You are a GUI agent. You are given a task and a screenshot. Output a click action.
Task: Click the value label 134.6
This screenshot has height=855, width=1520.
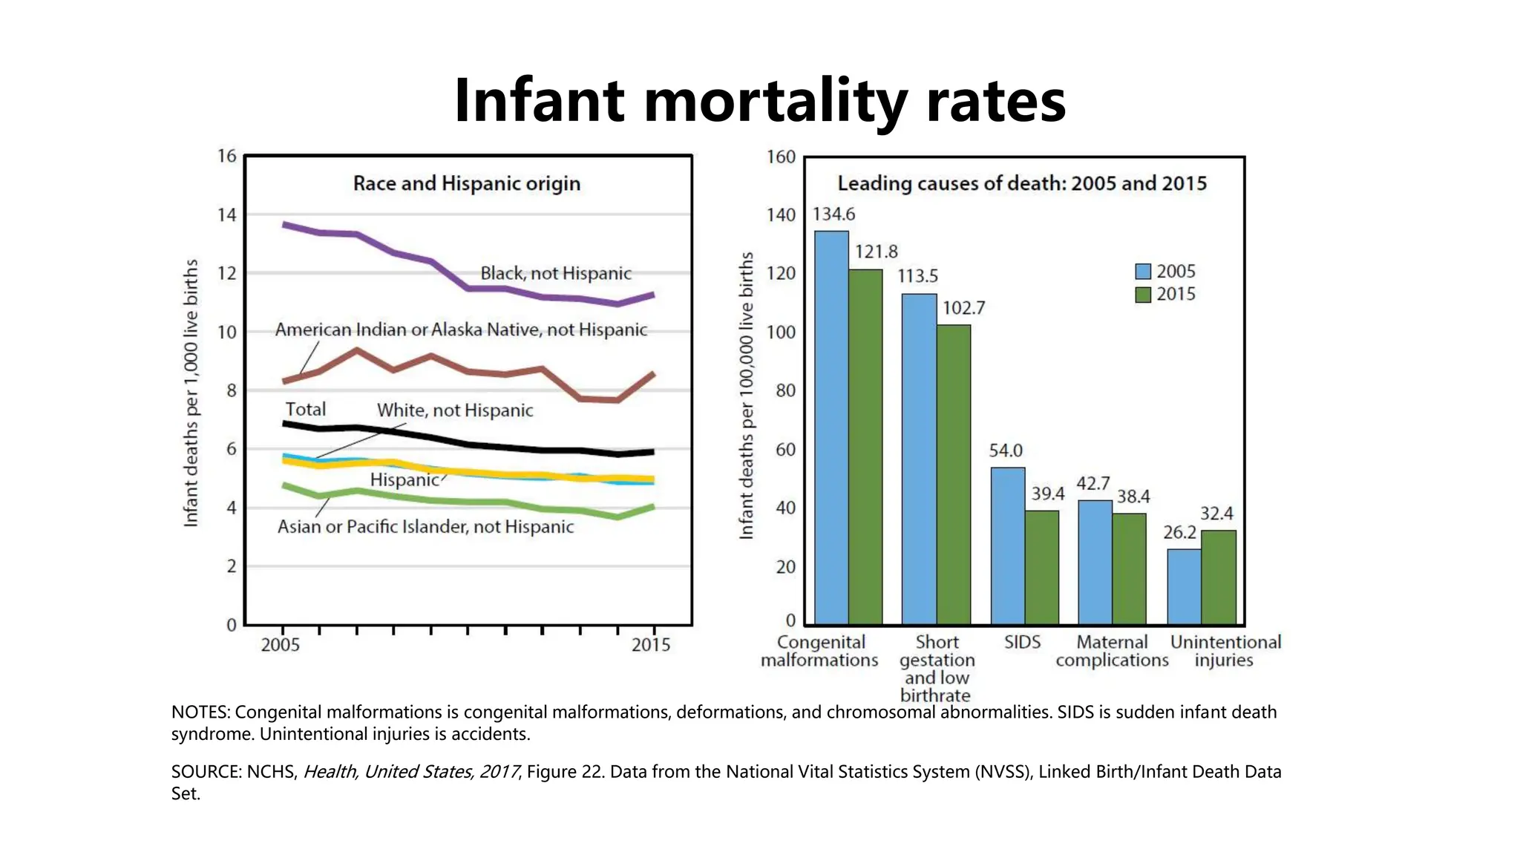tap(833, 214)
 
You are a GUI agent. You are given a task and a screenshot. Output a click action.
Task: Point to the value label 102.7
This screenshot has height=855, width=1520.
tap(963, 308)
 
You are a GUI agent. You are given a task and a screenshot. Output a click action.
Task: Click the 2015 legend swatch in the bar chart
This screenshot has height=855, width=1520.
tap(1143, 295)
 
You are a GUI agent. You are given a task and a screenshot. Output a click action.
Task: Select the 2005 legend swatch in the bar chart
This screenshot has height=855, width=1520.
tap(1143, 272)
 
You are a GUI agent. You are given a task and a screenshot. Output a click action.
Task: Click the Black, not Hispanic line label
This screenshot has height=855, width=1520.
tap(555, 273)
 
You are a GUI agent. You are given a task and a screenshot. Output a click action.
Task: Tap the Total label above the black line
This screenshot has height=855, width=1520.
tap(305, 410)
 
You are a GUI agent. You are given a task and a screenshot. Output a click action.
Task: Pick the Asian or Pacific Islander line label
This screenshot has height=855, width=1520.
tap(425, 527)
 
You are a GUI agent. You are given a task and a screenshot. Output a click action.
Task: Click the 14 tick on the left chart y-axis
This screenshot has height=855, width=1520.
tap(226, 215)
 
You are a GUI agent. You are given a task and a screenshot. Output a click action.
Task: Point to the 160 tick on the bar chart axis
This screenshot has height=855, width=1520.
tap(781, 157)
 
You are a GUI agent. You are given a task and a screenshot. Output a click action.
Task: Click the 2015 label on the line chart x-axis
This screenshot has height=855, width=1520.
tap(651, 645)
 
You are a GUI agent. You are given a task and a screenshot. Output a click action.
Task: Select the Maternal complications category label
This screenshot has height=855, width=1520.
tap(1112, 651)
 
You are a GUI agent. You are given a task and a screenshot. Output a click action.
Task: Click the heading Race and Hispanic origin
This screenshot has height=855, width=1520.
tap(466, 183)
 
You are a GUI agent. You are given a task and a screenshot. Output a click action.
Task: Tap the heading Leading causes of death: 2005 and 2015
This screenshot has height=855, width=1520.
tap(1022, 183)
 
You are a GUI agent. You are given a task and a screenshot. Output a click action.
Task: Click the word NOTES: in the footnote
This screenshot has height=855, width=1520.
tap(200, 712)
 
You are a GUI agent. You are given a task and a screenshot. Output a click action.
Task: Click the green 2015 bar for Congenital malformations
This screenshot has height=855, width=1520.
tap(865, 445)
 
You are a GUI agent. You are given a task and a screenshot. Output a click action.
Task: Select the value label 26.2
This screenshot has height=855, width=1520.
tap(1179, 533)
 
